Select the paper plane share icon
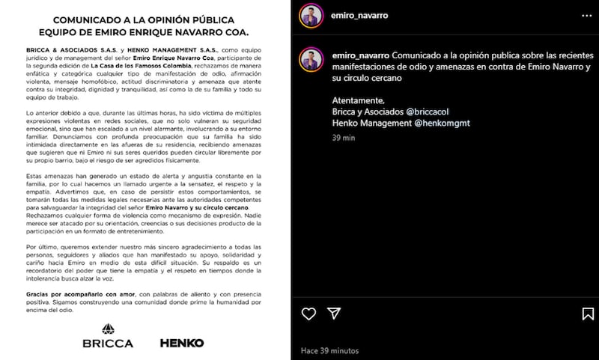pos(335,312)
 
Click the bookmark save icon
pos(586,312)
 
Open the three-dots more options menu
pos(586,14)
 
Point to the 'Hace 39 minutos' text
pos(329,350)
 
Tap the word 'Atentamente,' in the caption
pos(358,100)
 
